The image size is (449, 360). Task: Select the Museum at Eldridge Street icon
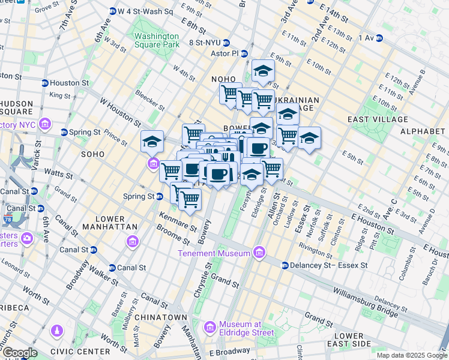tap(210, 327)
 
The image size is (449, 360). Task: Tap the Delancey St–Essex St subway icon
tap(285, 265)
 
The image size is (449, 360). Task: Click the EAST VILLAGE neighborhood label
tap(378, 119)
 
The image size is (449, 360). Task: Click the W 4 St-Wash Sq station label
tap(145, 11)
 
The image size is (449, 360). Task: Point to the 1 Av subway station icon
tap(379, 38)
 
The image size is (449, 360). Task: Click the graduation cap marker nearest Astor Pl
tap(263, 72)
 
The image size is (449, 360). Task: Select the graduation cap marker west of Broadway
tap(152, 142)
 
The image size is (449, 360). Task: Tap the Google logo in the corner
tap(19, 353)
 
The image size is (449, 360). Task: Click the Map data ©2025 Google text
tap(412, 355)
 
